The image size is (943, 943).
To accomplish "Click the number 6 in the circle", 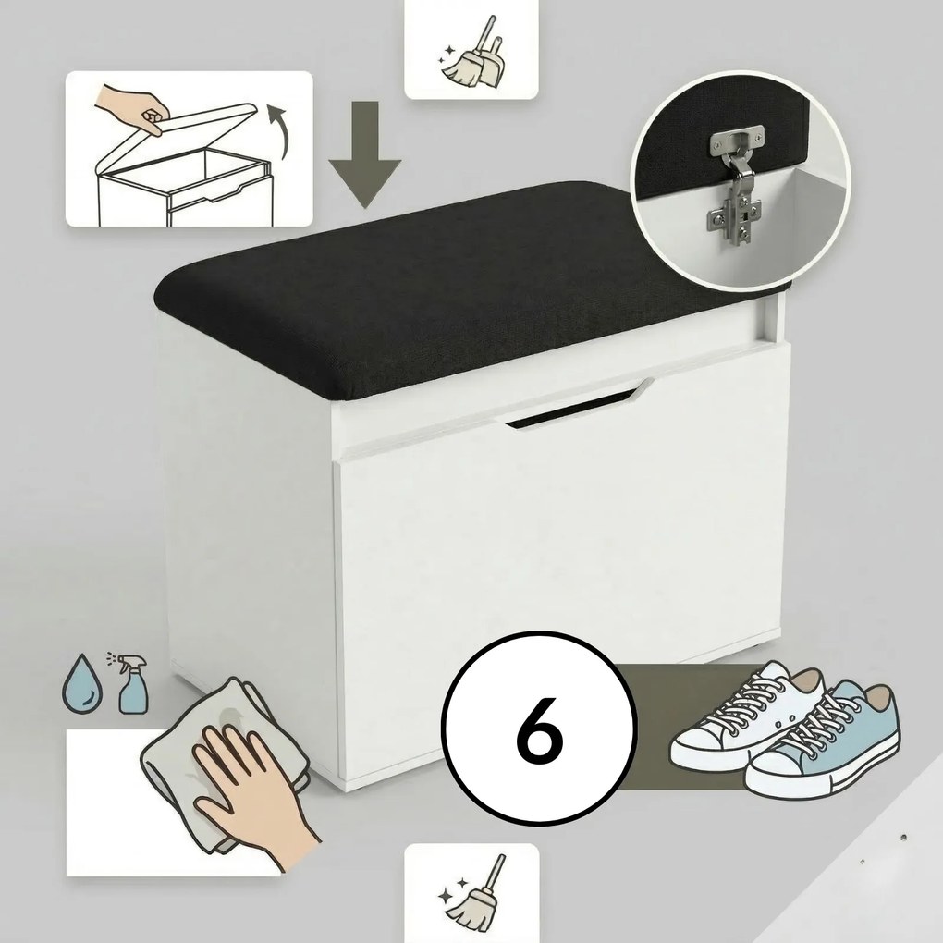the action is coord(540,729).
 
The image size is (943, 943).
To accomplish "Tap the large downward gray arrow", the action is coord(365,155).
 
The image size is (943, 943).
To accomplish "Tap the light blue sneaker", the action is coord(825,745).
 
